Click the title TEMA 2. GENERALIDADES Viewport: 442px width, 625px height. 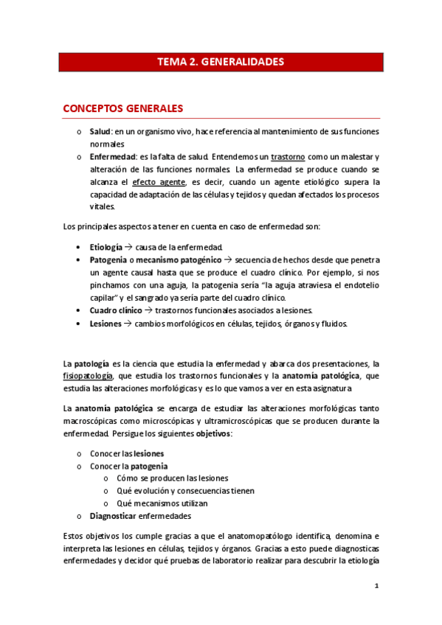click(221, 62)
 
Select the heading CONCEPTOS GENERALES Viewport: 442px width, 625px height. click(123, 108)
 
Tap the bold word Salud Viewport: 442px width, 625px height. click(100, 131)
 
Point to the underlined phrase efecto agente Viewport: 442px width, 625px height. click(158, 182)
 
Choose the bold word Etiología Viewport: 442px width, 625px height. click(106, 246)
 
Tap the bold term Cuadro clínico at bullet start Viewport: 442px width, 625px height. click(116, 310)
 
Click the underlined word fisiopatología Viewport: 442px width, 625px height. click(87, 375)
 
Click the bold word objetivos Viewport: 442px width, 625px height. click(213, 433)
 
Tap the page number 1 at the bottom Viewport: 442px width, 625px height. click(376, 587)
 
